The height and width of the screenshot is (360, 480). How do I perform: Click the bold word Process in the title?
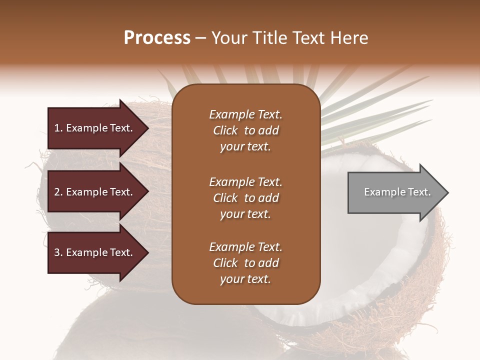[x=157, y=38]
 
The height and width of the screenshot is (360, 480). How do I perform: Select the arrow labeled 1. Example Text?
[x=95, y=128]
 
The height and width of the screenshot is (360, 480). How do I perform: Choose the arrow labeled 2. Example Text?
[x=95, y=192]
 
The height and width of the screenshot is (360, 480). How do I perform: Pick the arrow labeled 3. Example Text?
[x=95, y=252]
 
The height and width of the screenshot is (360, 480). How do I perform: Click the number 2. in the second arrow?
[x=58, y=192]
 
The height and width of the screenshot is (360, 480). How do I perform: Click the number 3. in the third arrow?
[x=58, y=252]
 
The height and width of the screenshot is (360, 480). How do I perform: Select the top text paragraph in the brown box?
[x=245, y=130]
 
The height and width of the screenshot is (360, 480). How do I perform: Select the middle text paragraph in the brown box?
[x=245, y=198]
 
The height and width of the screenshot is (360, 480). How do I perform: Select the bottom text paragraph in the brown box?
[x=245, y=263]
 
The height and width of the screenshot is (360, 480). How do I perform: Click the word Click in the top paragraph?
[x=225, y=130]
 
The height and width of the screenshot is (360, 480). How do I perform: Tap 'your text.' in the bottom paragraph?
[x=245, y=279]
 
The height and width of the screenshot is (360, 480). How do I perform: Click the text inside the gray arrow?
[x=397, y=192]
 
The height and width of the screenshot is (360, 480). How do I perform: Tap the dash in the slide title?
[x=201, y=38]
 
